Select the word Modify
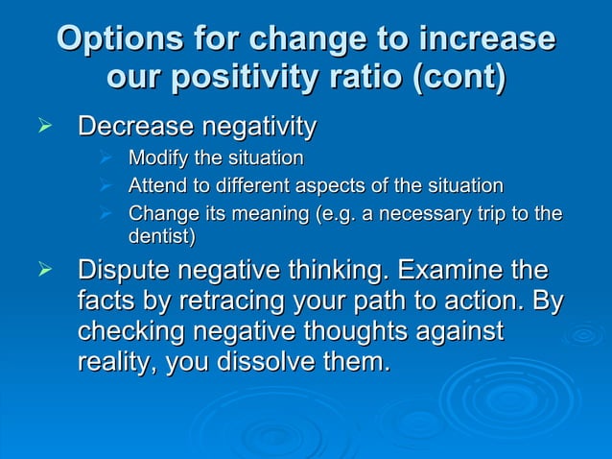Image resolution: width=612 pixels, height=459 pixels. tap(156, 157)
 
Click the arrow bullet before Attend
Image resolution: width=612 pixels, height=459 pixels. tap(107, 184)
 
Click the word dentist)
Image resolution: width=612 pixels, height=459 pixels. tap(161, 235)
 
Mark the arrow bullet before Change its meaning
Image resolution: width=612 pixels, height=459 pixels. tap(107, 212)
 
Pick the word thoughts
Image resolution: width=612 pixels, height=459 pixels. tap(373, 333)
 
